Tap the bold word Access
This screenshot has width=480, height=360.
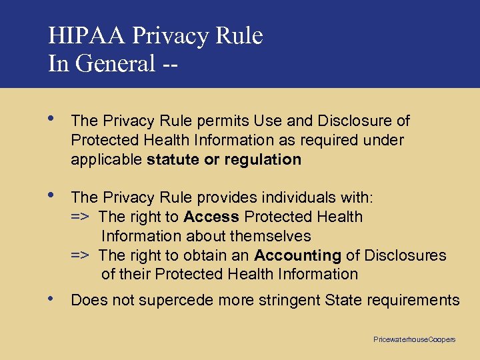212,217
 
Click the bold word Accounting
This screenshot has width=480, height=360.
297,255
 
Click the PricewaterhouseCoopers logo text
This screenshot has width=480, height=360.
414,339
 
